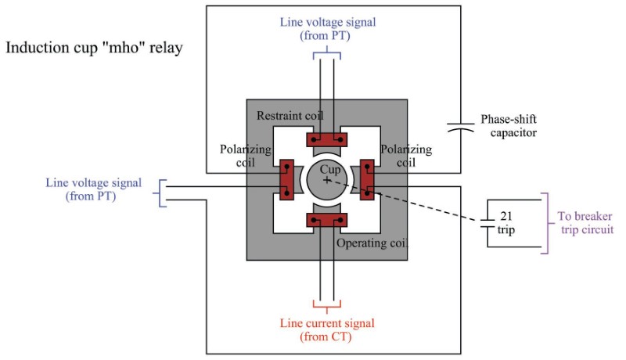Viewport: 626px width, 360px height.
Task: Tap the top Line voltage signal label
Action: [x=326, y=28]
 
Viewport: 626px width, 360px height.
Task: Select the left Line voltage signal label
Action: [x=94, y=189]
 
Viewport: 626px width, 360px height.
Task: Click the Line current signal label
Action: [x=326, y=329]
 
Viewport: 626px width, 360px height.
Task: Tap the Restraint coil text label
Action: [x=290, y=116]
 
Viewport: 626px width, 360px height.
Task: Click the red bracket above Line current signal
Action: [x=327, y=304]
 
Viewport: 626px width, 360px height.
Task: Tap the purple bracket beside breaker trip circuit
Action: [x=546, y=222]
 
